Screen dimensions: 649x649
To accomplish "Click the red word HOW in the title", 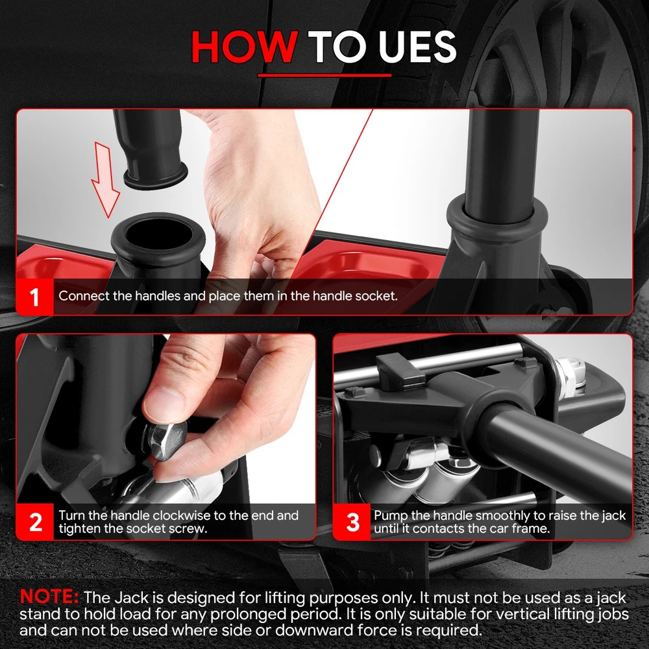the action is coord(244,47).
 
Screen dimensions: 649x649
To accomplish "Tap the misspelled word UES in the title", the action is coord(417,47).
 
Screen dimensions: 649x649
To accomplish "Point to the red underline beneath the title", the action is coord(324,75).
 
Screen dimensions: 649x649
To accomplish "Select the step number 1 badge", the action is coord(35,297).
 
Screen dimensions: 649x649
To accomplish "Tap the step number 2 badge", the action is coord(35,522).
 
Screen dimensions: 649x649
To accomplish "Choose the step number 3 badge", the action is coord(352,522).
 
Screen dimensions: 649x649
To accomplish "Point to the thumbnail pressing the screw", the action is coord(164,399).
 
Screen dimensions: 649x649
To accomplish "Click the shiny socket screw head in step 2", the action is coord(166,439).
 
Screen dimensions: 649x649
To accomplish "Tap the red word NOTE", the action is coord(49,596).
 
